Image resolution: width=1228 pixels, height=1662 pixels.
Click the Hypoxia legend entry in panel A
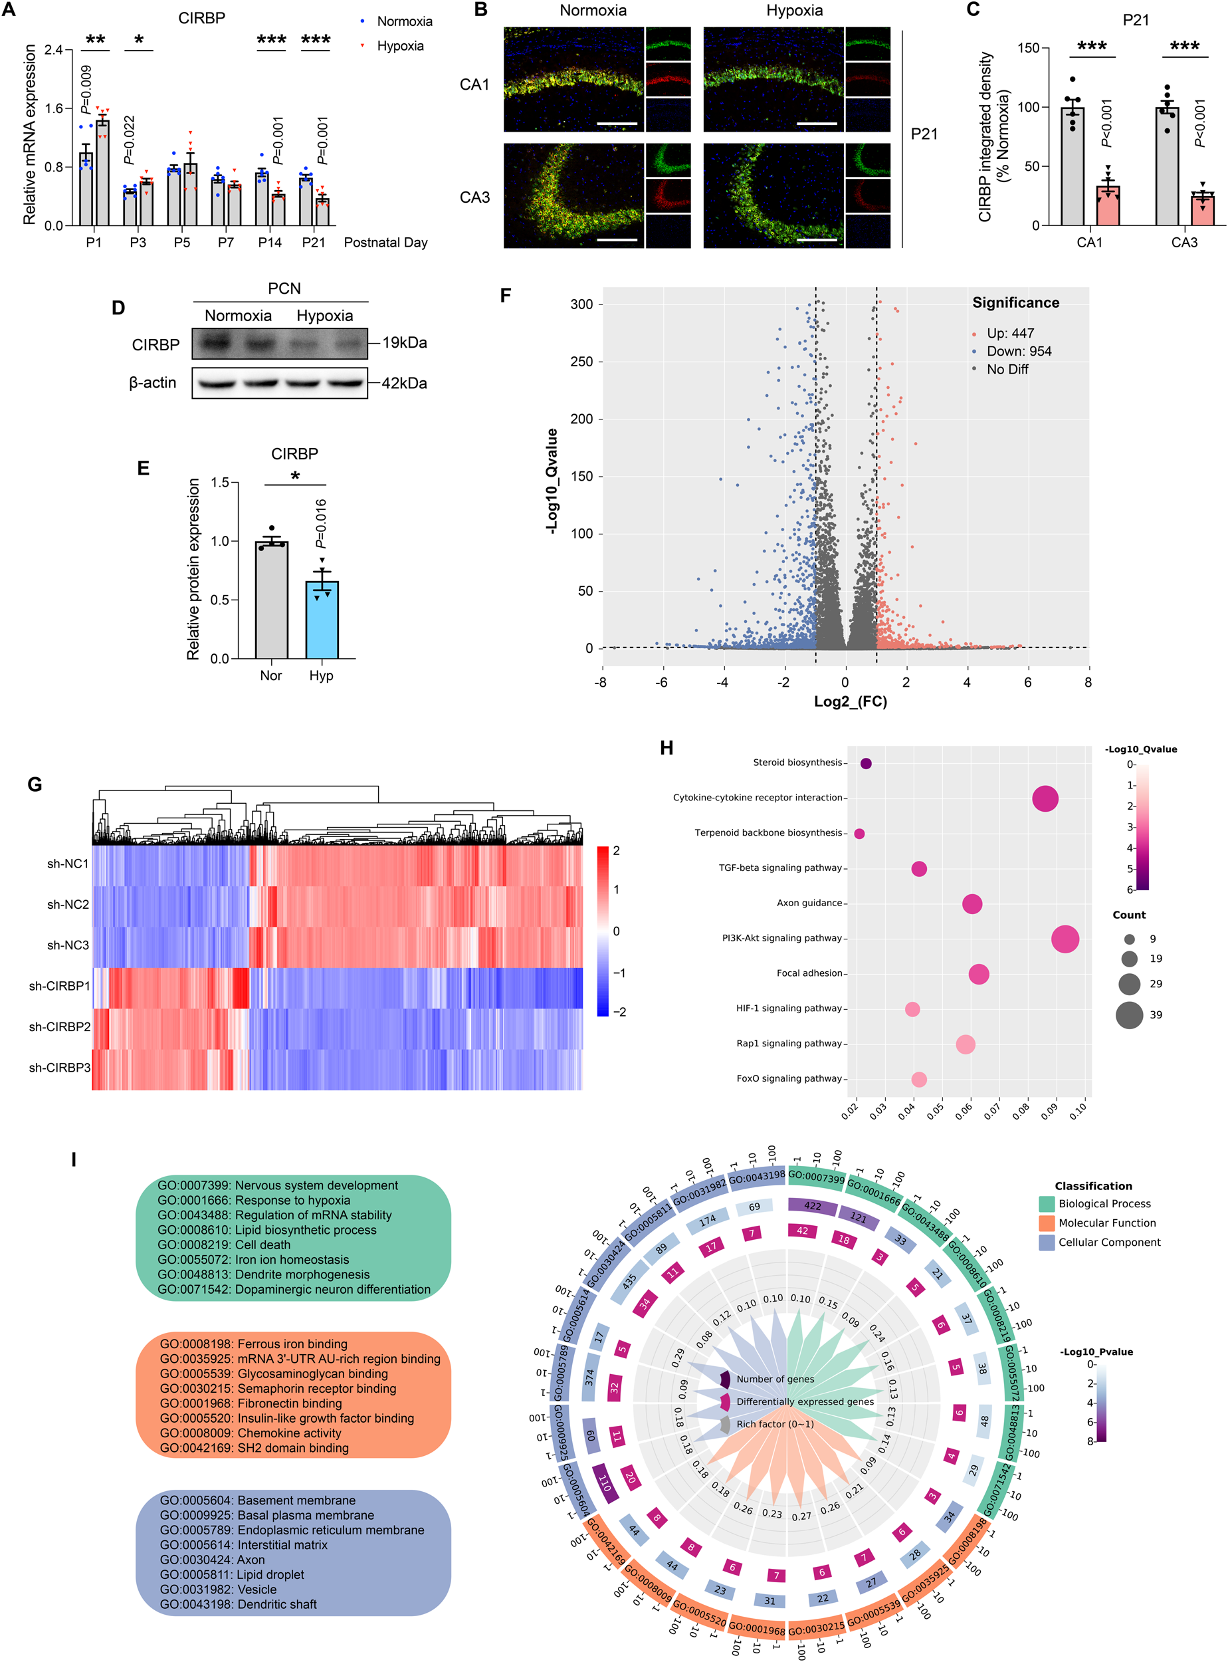point(399,46)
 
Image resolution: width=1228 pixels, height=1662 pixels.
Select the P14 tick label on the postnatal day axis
point(270,243)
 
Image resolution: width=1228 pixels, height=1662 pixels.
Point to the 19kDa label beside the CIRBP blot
point(405,343)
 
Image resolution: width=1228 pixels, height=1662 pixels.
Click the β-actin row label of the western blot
point(152,383)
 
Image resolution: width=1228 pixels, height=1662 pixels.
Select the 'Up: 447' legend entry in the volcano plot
point(1009,333)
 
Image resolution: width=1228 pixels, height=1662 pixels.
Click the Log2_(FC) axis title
point(851,701)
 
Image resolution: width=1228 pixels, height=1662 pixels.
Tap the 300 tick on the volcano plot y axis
point(581,304)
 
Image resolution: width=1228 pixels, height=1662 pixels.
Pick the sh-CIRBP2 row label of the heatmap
point(59,1027)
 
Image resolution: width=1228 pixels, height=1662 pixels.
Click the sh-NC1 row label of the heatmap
point(68,864)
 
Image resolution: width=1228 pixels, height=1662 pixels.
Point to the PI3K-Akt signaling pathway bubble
point(1065,939)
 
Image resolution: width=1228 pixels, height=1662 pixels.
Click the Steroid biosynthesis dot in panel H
point(866,764)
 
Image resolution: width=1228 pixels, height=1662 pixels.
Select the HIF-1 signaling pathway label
point(789,1009)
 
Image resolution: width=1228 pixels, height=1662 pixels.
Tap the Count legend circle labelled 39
point(1129,1015)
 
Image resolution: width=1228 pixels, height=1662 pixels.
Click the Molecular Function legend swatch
point(1047,1223)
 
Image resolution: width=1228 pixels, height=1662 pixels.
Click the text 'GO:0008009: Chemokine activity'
point(251,1433)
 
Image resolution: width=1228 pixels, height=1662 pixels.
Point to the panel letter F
point(506,296)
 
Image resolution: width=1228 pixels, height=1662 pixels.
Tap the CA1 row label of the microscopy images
point(474,85)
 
